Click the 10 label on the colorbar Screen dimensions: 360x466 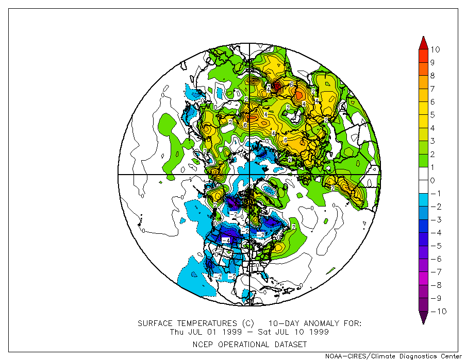436,49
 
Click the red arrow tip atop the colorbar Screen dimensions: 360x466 423,41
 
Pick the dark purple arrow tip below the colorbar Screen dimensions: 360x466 423,319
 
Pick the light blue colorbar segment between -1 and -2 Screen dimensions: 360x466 423,200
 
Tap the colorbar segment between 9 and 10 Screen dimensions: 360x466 423,56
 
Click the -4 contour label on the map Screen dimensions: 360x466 225,240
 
